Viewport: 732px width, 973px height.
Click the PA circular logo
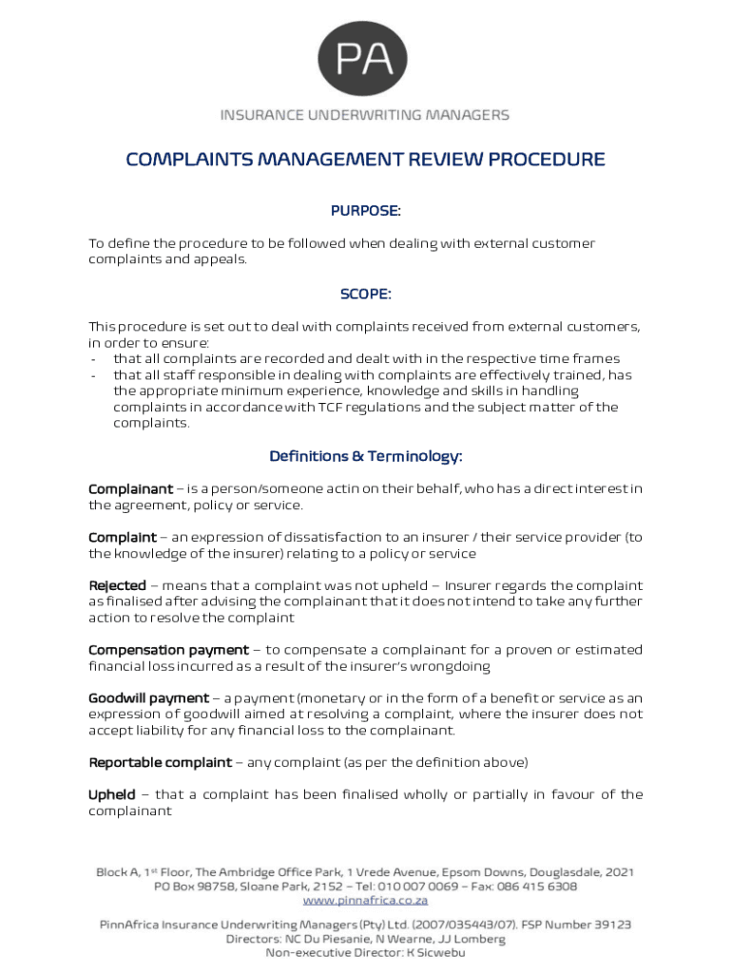365,59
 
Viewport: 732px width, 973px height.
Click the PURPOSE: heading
365,210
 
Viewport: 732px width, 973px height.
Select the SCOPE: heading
365,295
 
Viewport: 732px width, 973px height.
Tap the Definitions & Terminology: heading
365,457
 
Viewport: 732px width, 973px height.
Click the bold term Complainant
130,489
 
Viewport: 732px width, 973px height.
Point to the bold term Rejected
117,586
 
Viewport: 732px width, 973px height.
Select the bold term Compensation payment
168,650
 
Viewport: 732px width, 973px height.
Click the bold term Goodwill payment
148,698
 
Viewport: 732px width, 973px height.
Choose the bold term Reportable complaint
160,762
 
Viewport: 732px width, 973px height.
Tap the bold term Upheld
112,794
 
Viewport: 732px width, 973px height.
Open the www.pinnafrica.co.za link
365,900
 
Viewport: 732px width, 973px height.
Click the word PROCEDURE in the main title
547,160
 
